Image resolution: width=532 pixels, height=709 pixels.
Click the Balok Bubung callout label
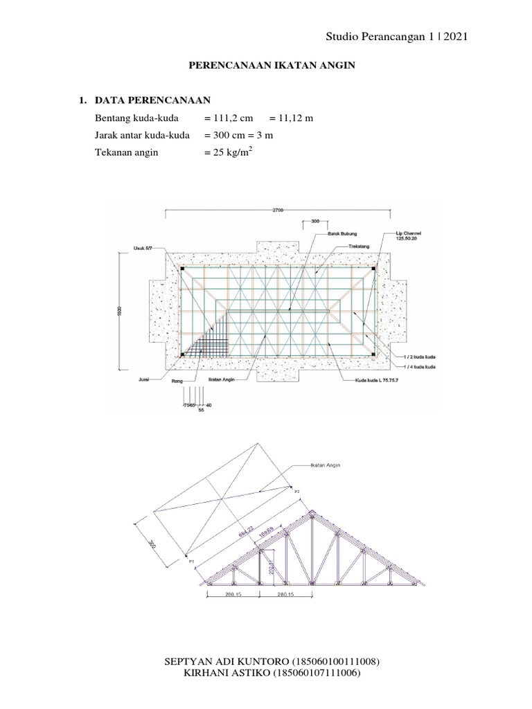tap(343, 234)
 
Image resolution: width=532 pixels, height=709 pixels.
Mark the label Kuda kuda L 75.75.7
tap(364, 379)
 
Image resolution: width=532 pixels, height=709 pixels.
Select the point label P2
tap(297, 491)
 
